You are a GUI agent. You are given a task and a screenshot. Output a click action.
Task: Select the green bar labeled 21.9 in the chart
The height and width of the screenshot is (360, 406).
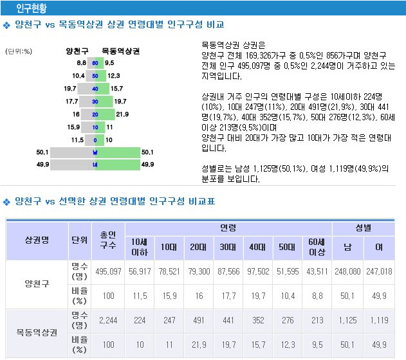[106, 114]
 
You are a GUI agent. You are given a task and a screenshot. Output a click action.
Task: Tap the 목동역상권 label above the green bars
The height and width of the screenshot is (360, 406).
[120, 50]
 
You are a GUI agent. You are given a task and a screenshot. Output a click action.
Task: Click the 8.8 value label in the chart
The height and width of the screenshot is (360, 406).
[81, 63]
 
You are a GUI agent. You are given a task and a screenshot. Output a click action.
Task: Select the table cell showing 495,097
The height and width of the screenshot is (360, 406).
[107, 272]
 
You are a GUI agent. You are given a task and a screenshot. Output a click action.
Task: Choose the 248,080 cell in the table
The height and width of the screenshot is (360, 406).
[347, 272]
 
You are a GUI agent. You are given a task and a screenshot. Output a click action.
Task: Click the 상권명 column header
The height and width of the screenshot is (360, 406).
[36, 240]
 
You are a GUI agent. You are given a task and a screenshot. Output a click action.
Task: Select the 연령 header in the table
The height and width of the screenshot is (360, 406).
[228, 228]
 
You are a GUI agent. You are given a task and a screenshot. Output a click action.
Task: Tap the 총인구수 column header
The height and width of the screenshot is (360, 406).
[107, 240]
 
